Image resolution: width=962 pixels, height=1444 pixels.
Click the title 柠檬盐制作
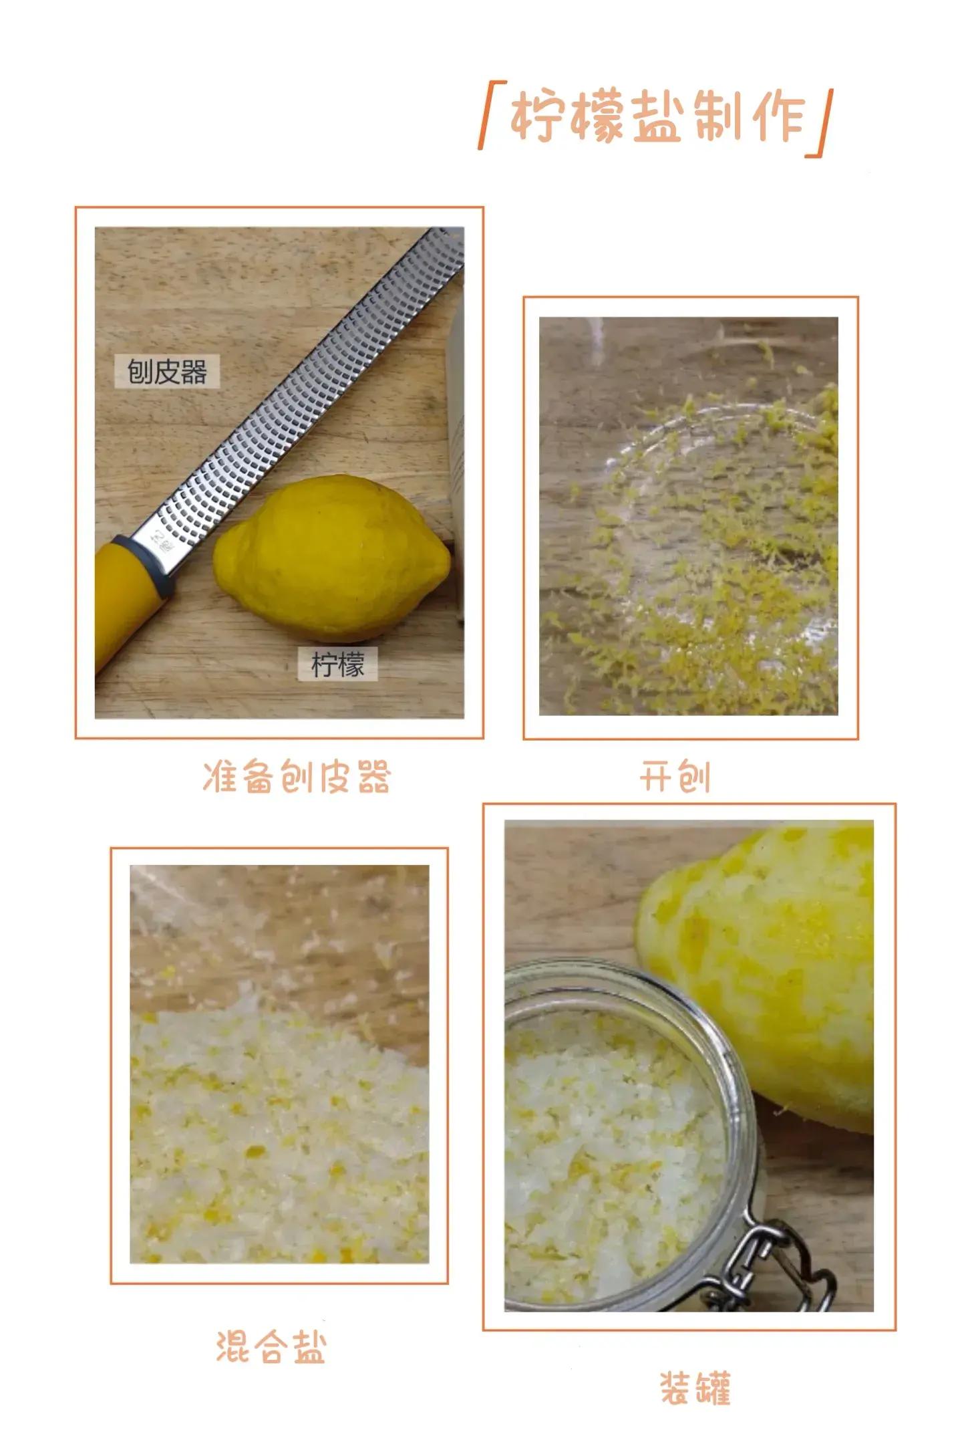coord(659,118)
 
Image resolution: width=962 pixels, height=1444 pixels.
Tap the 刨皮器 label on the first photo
coord(167,372)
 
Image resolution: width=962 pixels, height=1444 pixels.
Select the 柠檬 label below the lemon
coord(338,665)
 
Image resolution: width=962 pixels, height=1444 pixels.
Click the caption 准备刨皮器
coord(296,776)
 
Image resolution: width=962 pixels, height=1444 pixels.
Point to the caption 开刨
coord(674,776)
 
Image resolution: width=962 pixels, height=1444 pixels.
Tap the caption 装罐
coord(695,1388)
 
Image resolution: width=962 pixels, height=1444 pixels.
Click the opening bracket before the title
coord(492,114)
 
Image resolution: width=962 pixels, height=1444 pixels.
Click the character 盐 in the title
coord(658,118)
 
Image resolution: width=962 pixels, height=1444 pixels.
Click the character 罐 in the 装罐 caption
coord(713,1389)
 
